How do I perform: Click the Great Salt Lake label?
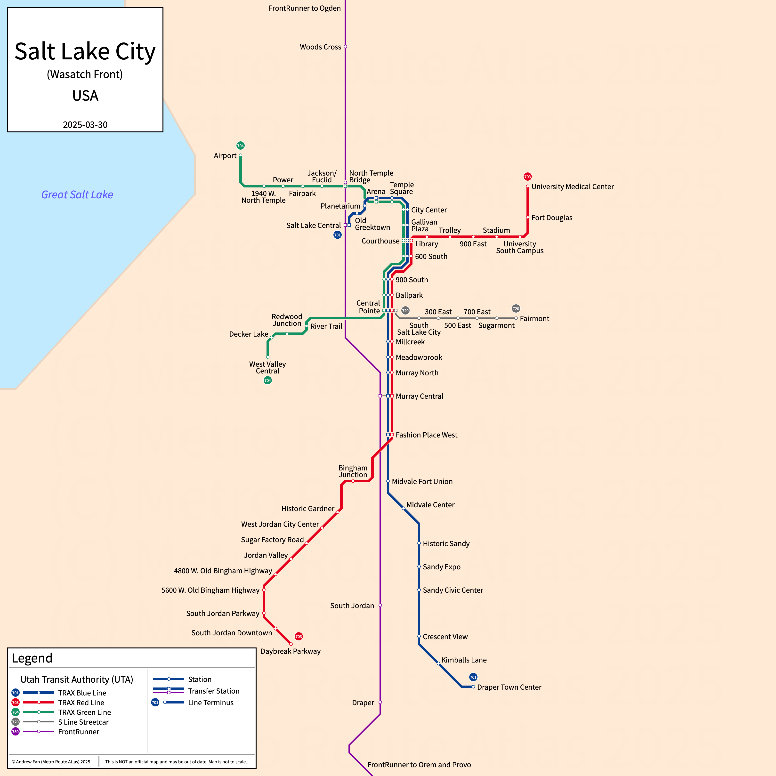point(77,195)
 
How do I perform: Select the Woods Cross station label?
point(320,47)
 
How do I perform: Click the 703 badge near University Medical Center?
point(527,177)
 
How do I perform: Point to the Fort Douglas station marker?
point(527,217)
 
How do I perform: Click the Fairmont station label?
point(534,318)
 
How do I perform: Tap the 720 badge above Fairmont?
point(516,308)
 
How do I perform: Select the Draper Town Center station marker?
point(473,687)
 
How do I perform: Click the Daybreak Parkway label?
point(291,651)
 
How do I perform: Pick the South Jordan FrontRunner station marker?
point(380,605)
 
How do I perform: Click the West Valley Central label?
point(267,368)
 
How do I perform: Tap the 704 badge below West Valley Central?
point(267,380)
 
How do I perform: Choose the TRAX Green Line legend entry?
point(84,712)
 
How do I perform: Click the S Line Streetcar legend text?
point(83,722)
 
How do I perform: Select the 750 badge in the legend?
point(15,731)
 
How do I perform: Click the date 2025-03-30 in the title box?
point(85,124)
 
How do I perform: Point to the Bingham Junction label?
point(353,471)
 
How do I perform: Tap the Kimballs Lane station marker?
point(438,663)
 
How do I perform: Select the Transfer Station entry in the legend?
point(213,691)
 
